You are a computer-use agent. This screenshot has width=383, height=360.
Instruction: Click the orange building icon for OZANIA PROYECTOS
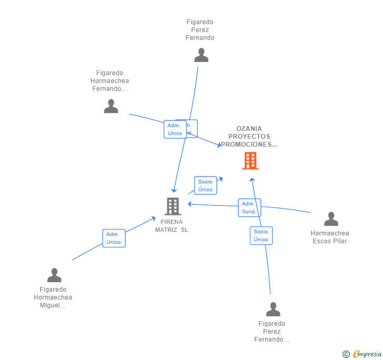point(250,161)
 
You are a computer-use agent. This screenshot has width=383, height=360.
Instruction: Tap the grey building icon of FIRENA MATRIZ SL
point(173,206)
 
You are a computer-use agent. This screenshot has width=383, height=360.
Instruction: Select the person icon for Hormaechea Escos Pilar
point(331,219)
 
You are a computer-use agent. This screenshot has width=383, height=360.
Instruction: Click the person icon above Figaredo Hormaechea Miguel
point(54,275)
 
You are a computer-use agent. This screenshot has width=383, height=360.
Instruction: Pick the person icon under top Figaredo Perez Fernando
point(201,55)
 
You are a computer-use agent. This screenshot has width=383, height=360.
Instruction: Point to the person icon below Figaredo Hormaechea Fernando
point(111,106)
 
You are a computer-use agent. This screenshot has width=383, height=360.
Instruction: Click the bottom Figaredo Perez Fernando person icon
point(273,309)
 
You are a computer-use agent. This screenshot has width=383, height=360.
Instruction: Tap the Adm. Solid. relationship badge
point(249,208)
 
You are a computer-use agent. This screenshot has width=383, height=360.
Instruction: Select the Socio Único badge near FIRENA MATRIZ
point(205,186)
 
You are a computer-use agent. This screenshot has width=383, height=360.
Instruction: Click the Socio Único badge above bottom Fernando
point(261,235)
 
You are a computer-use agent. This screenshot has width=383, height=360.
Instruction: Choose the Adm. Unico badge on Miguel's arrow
point(114,238)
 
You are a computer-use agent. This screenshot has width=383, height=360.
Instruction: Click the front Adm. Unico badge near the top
point(175,129)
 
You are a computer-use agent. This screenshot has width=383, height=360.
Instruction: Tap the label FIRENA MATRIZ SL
point(172,225)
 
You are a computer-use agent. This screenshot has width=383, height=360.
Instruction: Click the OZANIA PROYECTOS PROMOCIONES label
point(249,137)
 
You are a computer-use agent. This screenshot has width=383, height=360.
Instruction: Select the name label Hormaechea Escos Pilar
point(330,237)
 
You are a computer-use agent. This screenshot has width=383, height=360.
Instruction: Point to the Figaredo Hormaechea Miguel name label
point(53,297)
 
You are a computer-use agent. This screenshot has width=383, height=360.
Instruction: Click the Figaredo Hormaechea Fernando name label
point(109,81)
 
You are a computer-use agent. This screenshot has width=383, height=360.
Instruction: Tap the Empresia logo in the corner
point(367,354)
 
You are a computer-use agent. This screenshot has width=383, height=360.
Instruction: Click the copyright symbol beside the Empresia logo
point(346,354)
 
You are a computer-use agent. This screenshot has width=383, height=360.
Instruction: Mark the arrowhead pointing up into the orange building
point(252,180)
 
